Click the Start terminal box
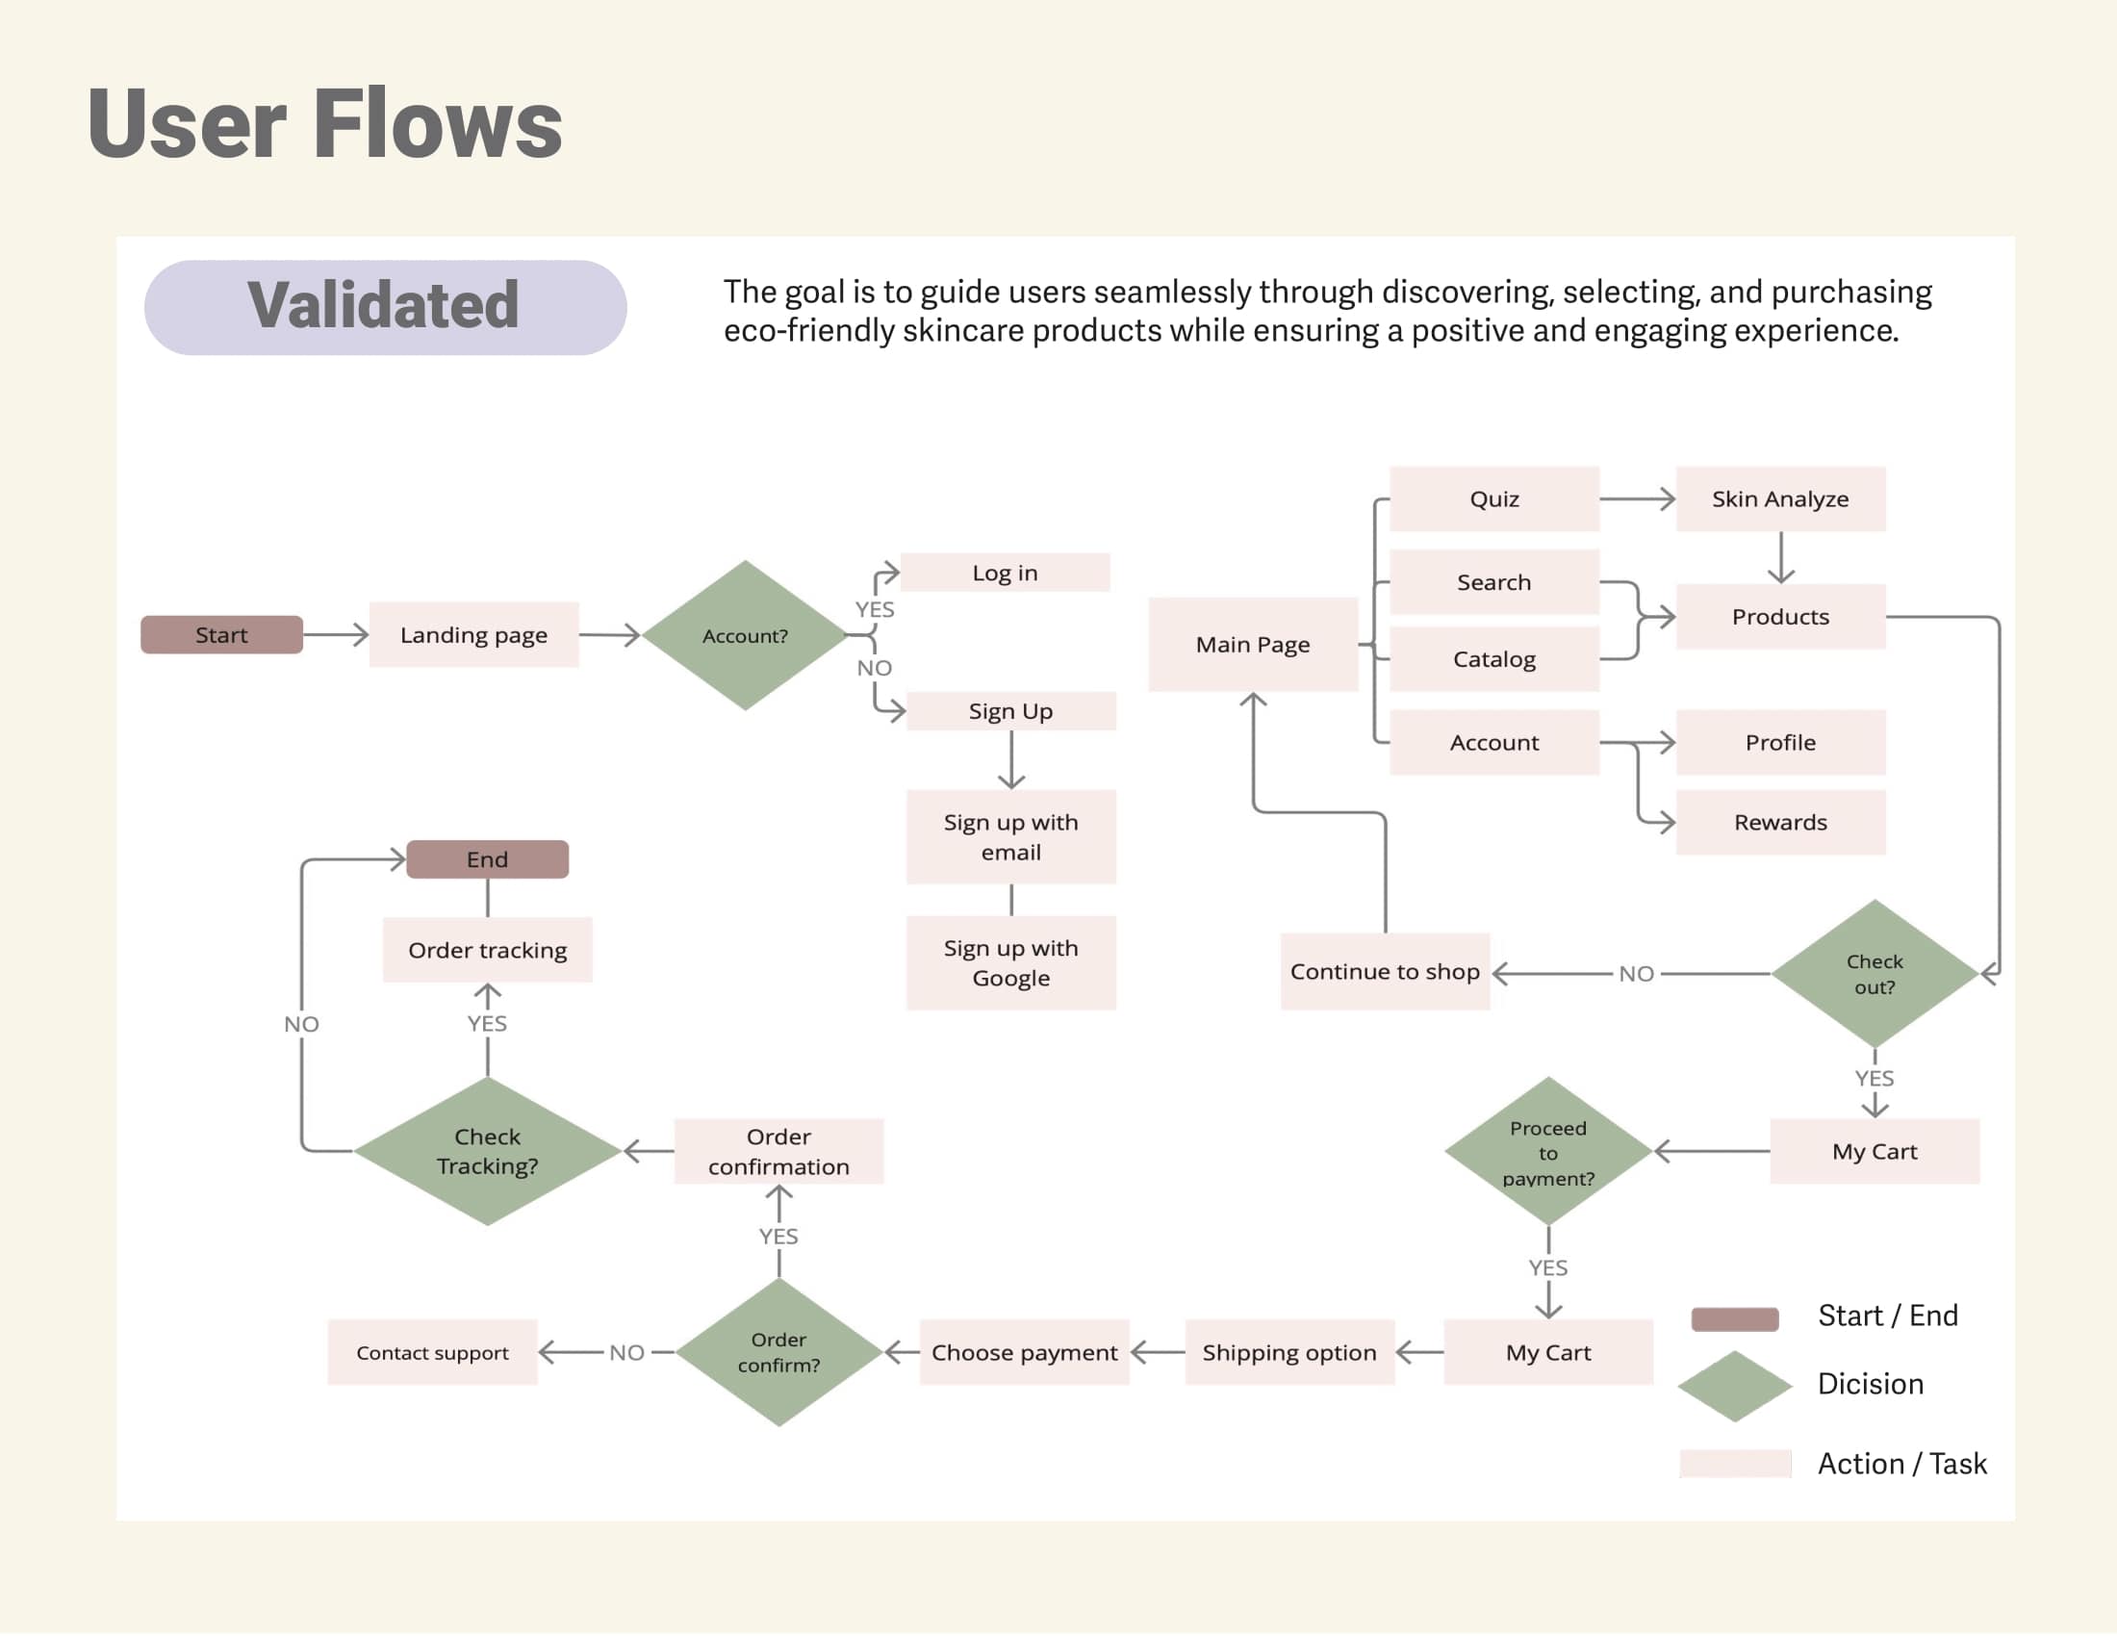(x=221, y=635)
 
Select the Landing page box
(x=474, y=635)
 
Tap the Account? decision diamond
(x=745, y=636)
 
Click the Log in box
(x=1006, y=573)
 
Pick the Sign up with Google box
(x=1011, y=962)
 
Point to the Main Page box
(x=1252, y=645)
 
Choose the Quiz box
(x=1493, y=499)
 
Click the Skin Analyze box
(x=1779, y=499)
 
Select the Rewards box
(x=1779, y=823)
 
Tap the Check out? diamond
(x=1874, y=974)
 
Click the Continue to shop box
(x=1384, y=972)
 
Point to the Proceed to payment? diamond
(x=1548, y=1152)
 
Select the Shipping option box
(x=1289, y=1352)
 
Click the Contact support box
(x=432, y=1352)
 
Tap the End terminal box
(x=487, y=859)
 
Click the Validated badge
(x=385, y=307)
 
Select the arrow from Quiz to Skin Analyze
(x=1637, y=499)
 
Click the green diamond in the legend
(x=1734, y=1386)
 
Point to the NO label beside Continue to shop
(x=1636, y=974)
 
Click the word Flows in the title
(x=438, y=124)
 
